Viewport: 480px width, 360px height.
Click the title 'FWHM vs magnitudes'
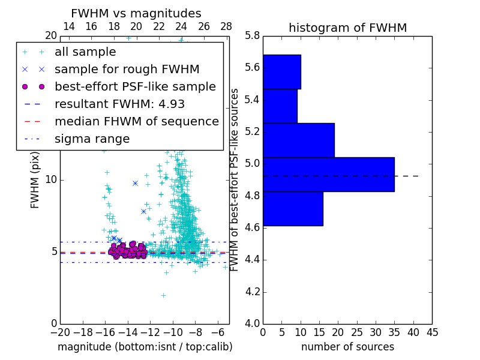(x=136, y=14)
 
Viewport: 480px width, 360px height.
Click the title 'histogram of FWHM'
(x=347, y=28)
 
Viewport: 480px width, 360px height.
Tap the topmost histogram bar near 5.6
(x=281, y=72)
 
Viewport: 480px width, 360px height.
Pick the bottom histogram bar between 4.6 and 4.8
(x=293, y=209)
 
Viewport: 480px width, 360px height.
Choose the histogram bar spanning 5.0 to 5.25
(x=298, y=140)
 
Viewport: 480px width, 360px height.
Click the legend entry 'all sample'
(x=85, y=52)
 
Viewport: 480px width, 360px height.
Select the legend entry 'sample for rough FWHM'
(x=127, y=69)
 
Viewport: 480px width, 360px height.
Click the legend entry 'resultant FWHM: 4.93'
(x=119, y=104)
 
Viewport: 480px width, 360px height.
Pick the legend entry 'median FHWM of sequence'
(x=136, y=121)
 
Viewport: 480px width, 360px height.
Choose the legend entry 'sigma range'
(x=92, y=139)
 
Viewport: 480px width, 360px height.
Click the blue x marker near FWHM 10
(x=135, y=183)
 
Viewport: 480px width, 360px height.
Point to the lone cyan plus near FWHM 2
(x=163, y=295)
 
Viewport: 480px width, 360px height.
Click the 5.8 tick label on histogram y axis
(x=253, y=35)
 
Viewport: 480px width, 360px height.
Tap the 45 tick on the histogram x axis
(x=432, y=332)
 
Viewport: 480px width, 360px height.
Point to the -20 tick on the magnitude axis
(x=60, y=332)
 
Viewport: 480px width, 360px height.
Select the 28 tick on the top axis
(x=226, y=26)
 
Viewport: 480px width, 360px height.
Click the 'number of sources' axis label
(x=347, y=347)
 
